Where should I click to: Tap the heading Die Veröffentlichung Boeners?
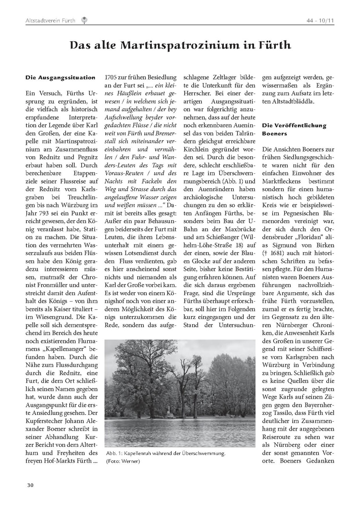[x=294, y=129]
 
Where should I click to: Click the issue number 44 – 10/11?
[x=320, y=20]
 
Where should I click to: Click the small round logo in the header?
[x=85, y=20]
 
